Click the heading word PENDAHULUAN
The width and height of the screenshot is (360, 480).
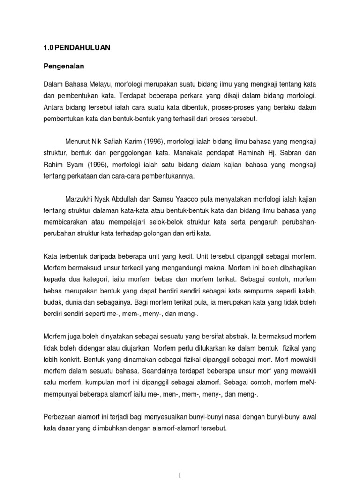[82, 48]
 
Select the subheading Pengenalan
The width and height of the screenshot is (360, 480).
[63, 66]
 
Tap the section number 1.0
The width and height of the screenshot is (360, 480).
[48, 48]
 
